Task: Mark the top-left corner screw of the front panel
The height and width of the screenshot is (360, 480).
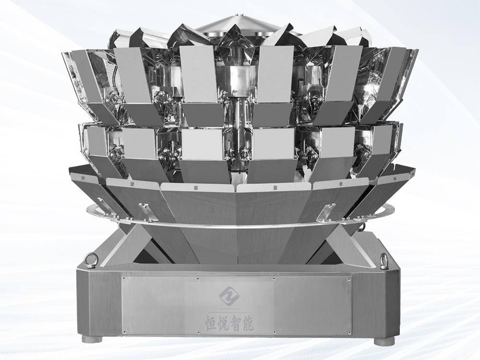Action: (124, 279)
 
